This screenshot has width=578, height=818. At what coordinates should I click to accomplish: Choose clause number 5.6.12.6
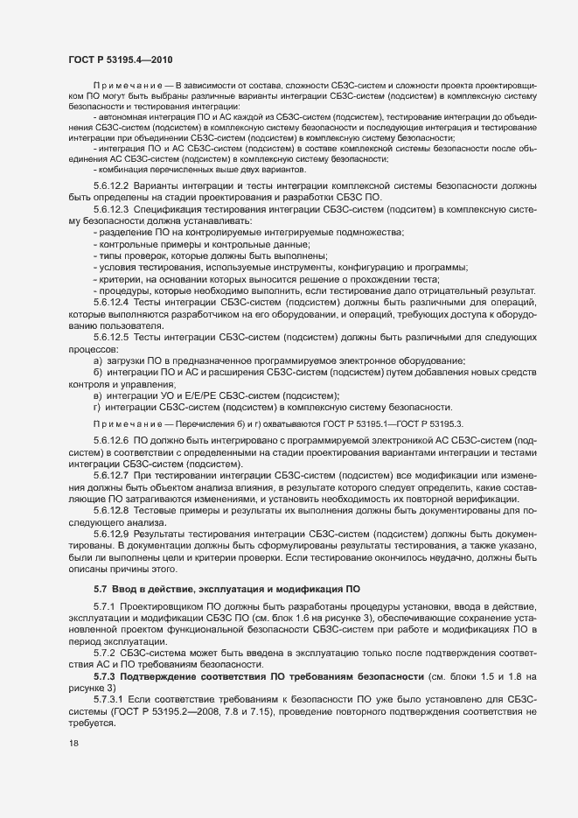pyautogui.click(x=109, y=442)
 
